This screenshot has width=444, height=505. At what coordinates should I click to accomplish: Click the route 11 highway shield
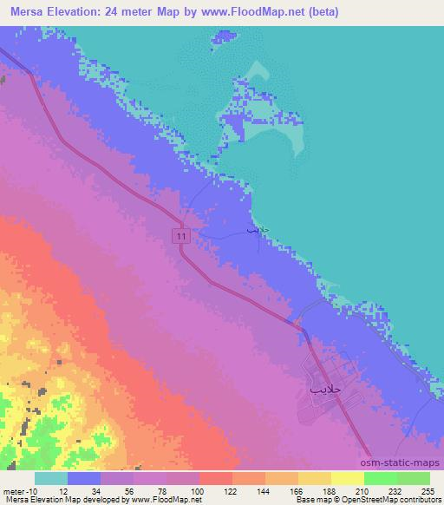[x=181, y=236]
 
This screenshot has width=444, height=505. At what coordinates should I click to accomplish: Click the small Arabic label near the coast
[x=251, y=233]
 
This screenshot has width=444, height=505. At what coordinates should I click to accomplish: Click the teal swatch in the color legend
[x=51, y=478]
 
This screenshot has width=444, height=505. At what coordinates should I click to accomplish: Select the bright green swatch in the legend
[x=380, y=478]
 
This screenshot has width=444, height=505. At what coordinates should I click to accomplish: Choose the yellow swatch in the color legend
[x=347, y=478]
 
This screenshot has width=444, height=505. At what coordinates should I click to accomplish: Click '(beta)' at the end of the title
[x=320, y=12]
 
